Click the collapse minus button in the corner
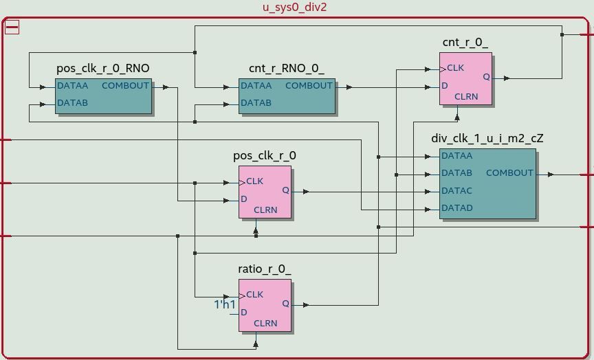12,27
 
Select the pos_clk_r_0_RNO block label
103,69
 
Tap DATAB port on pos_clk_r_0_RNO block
72,103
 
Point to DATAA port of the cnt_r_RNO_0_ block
256,86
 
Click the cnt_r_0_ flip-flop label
465,43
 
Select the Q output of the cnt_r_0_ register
486,77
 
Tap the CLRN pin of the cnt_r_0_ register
466,97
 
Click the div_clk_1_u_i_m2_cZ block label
487,139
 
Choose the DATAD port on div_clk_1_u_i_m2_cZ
456,207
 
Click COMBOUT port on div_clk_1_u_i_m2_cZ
509,173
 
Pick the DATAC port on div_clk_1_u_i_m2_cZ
456,190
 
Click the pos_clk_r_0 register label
265,156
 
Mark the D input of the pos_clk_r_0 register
244,199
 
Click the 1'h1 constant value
225,304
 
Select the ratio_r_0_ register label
265,269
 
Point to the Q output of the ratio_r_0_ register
285,304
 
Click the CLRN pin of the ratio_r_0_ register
265,323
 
